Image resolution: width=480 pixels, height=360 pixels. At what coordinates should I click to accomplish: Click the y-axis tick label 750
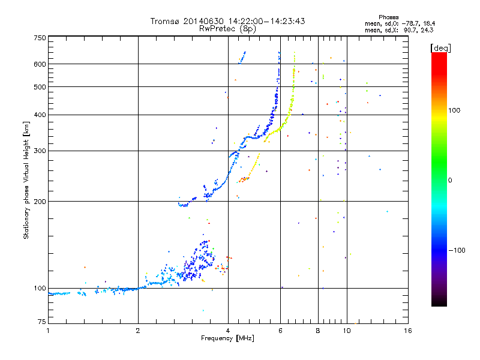pos(40,38)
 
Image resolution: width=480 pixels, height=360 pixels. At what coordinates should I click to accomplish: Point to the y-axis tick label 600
pos(40,64)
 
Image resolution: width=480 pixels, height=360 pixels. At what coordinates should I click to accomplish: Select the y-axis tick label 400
pos(40,115)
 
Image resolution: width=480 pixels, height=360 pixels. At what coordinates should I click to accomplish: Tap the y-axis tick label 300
pos(40,151)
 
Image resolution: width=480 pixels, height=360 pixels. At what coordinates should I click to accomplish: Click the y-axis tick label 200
pos(40,201)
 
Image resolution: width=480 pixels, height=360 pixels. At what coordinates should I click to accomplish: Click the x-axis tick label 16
pos(407,331)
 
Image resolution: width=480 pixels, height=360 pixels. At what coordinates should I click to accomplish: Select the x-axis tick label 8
pos(318,331)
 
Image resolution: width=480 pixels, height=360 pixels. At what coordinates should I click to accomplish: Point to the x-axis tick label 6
pos(280,331)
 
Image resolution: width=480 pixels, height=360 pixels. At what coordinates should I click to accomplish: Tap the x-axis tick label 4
pos(228,331)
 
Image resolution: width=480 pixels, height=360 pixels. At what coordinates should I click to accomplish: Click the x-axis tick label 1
pos(49,331)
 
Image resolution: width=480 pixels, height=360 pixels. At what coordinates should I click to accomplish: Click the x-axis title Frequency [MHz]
pos(227,338)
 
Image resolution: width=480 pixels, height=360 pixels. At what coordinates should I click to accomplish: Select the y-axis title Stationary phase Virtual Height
pos(26,179)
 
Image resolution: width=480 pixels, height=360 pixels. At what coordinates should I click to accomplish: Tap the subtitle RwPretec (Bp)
pos(227,28)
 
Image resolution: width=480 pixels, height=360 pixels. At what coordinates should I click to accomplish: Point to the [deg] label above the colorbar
pos(440,47)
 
